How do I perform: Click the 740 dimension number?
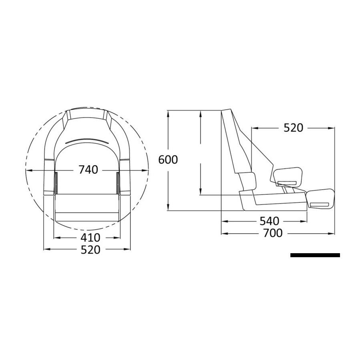[x=88, y=170]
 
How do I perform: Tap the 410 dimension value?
[x=90, y=238]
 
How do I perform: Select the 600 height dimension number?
[x=168, y=160]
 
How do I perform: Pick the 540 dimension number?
[x=270, y=221]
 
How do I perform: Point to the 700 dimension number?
[x=273, y=233]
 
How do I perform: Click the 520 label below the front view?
[x=90, y=250]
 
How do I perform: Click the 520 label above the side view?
[x=294, y=128]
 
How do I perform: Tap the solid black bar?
[x=315, y=255]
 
